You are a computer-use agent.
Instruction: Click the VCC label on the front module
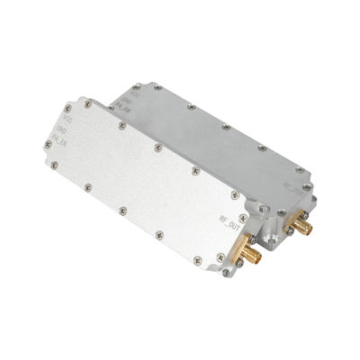coord(66,118)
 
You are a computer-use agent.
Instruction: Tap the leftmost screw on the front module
coord(55,164)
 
